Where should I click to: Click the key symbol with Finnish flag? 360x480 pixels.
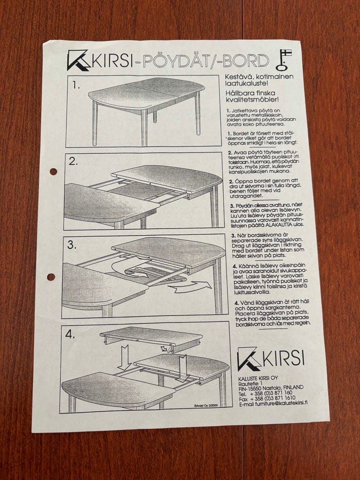click(x=284, y=60)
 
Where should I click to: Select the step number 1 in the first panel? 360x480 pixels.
click(x=76, y=85)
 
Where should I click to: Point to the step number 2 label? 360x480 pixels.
click(x=73, y=161)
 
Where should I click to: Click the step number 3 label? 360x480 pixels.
click(x=72, y=245)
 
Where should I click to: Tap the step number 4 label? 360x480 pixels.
click(x=70, y=335)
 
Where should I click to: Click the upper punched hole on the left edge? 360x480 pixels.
click(x=53, y=172)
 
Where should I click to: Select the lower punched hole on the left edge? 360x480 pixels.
click(x=51, y=277)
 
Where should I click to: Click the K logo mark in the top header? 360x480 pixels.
click(x=78, y=60)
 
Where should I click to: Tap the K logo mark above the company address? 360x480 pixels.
click(x=249, y=359)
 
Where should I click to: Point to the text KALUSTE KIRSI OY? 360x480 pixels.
click(x=258, y=378)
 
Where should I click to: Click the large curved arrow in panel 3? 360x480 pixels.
click(x=190, y=287)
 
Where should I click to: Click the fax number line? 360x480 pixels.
click(x=267, y=398)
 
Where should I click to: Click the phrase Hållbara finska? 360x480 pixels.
click(x=250, y=93)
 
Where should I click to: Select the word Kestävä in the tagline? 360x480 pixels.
click(x=235, y=76)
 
